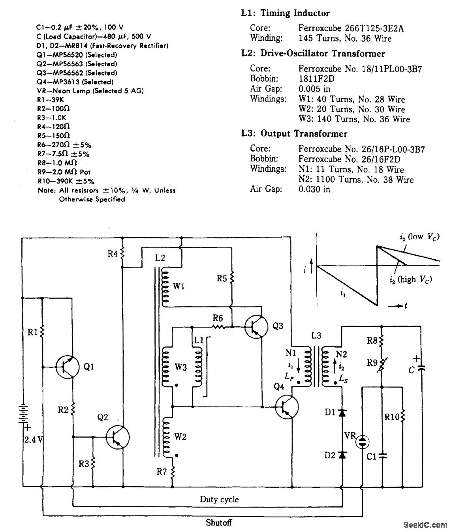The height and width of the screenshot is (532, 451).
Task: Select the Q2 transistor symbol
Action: pyautogui.click(x=118, y=437)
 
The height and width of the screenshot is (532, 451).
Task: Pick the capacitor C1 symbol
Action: pyautogui.click(x=382, y=456)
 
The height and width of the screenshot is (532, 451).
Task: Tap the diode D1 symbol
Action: pyautogui.click(x=342, y=413)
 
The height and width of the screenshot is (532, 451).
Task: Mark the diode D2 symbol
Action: pyautogui.click(x=342, y=455)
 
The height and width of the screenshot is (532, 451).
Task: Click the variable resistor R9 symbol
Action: pyautogui.click(x=382, y=365)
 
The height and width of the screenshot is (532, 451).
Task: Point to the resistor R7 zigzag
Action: pyautogui.click(x=173, y=472)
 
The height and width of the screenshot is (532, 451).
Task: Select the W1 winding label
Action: pyautogui.click(x=179, y=287)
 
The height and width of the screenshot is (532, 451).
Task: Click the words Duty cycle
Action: pyautogui.click(x=219, y=500)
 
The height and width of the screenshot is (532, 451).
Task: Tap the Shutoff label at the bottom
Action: pyautogui.click(x=219, y=523)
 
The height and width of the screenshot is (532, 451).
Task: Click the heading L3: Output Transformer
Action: pyautogui.click(x=294, y=134)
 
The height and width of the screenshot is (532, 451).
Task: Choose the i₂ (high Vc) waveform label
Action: pyautogui.click(x=410, y=279)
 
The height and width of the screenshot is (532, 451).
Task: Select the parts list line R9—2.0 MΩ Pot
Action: pyautogui.click(x=64, y=172)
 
